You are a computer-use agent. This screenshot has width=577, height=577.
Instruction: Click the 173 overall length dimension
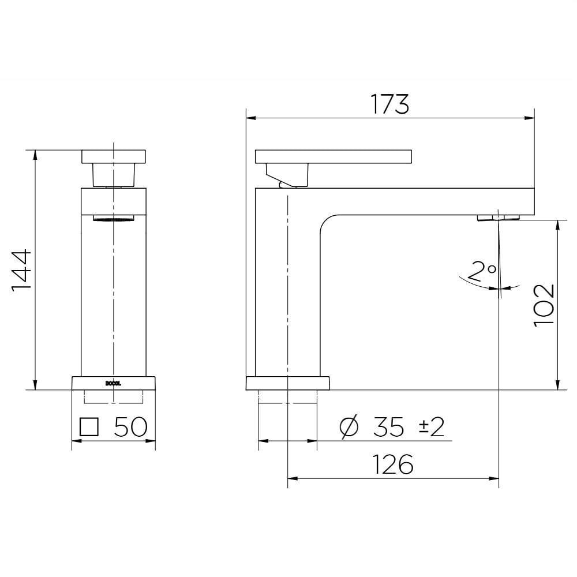(390, 104)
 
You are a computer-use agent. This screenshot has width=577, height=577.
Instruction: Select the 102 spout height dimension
(544, 305)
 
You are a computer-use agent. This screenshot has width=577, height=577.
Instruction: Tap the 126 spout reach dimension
(392, 464)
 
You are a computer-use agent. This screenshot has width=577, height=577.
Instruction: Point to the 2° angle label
(482, 271)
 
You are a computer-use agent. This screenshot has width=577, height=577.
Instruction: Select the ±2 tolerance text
(431, 428)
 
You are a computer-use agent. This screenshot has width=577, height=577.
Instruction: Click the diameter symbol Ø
(350, 428)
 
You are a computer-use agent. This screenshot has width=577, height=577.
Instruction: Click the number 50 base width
(131, 427)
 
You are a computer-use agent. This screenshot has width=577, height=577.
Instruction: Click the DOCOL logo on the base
(113, 381)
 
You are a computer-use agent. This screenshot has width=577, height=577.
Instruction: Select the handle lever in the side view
(333, 156)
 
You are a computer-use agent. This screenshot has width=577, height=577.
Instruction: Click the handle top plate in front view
(114, 156)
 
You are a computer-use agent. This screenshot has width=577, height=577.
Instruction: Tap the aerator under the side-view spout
(498, 218)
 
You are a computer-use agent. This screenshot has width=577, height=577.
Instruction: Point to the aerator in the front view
(113, 218)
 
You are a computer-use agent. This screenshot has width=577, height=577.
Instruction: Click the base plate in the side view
(287, 383)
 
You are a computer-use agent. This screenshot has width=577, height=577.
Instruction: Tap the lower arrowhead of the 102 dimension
(557, 385)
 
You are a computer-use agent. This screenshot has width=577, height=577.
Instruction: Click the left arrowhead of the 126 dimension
(291, 478)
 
